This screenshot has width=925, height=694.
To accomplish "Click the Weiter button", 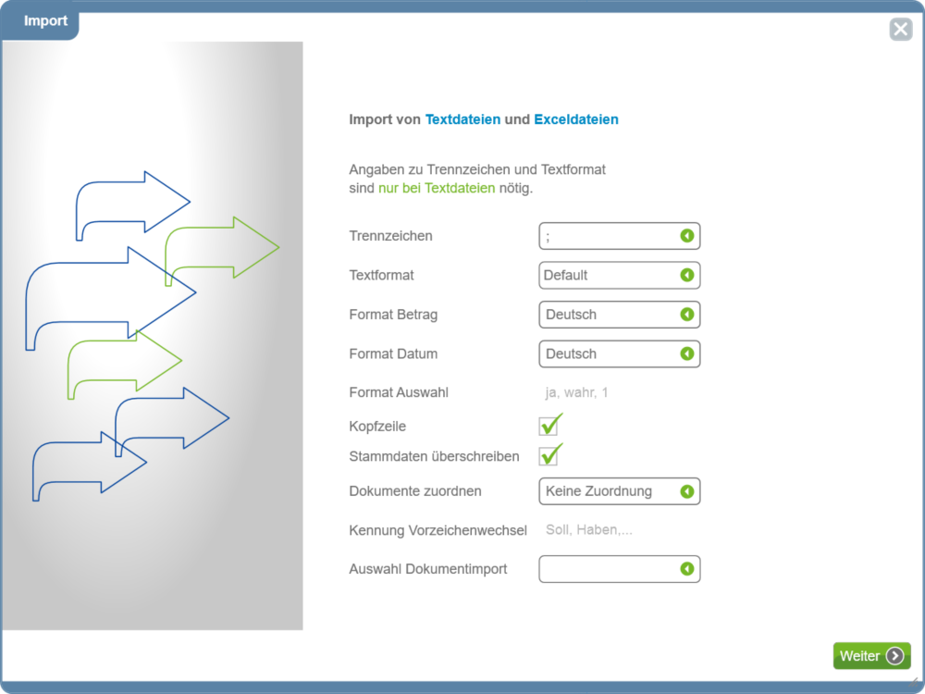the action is pyautogui.click(x=871, y=656).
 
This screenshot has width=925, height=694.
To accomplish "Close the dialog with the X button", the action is pyautogui.click(x=901, y=29).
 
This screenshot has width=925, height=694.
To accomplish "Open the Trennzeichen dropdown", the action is pyautogui.click(x=620, y=236).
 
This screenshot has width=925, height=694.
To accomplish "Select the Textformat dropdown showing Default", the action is pyautogui.click(x=620, y=275).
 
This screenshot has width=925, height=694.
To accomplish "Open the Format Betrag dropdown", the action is pyautogui.click(x=620, y=315).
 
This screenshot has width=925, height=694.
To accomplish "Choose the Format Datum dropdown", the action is pyautogui.click(x=620, y=354).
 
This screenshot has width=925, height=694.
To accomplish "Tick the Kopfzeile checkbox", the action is pyautogui.click(x=549, y=426).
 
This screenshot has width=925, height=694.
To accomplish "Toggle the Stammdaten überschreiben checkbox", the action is pyautogui.click(x=549, y=455).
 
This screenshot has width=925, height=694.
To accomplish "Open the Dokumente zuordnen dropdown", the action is pyautogui.click(x=620, y=491).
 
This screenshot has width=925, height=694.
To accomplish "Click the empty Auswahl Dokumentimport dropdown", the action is pyautogui.click(x=620, y=569).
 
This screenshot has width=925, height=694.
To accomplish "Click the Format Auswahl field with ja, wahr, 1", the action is pyautogui.click(x=620, y=392).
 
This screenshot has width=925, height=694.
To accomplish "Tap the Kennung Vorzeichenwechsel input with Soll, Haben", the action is pyautogui.click(x=620, y=530).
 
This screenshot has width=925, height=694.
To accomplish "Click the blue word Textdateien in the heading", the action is pyautogui.click(x=462, y=119).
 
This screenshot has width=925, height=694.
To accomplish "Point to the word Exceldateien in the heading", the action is pyautogui.click(x=576, y=119).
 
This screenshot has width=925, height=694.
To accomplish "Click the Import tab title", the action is pyautogui.click(x=45, y=20).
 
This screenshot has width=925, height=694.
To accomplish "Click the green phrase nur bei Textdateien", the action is pyautogui.click(x=437, y=188).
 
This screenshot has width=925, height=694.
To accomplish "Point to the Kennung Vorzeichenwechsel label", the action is pyautogui.click(x=438, y=530).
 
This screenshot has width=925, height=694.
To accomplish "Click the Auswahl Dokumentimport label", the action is pyautogui.click(x=427, y=569).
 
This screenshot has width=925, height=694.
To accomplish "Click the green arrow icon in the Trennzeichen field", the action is pyautogui.click(x=686, y=236).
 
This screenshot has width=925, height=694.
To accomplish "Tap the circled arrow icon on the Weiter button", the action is pyautogui.click(x=894, y=656).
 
